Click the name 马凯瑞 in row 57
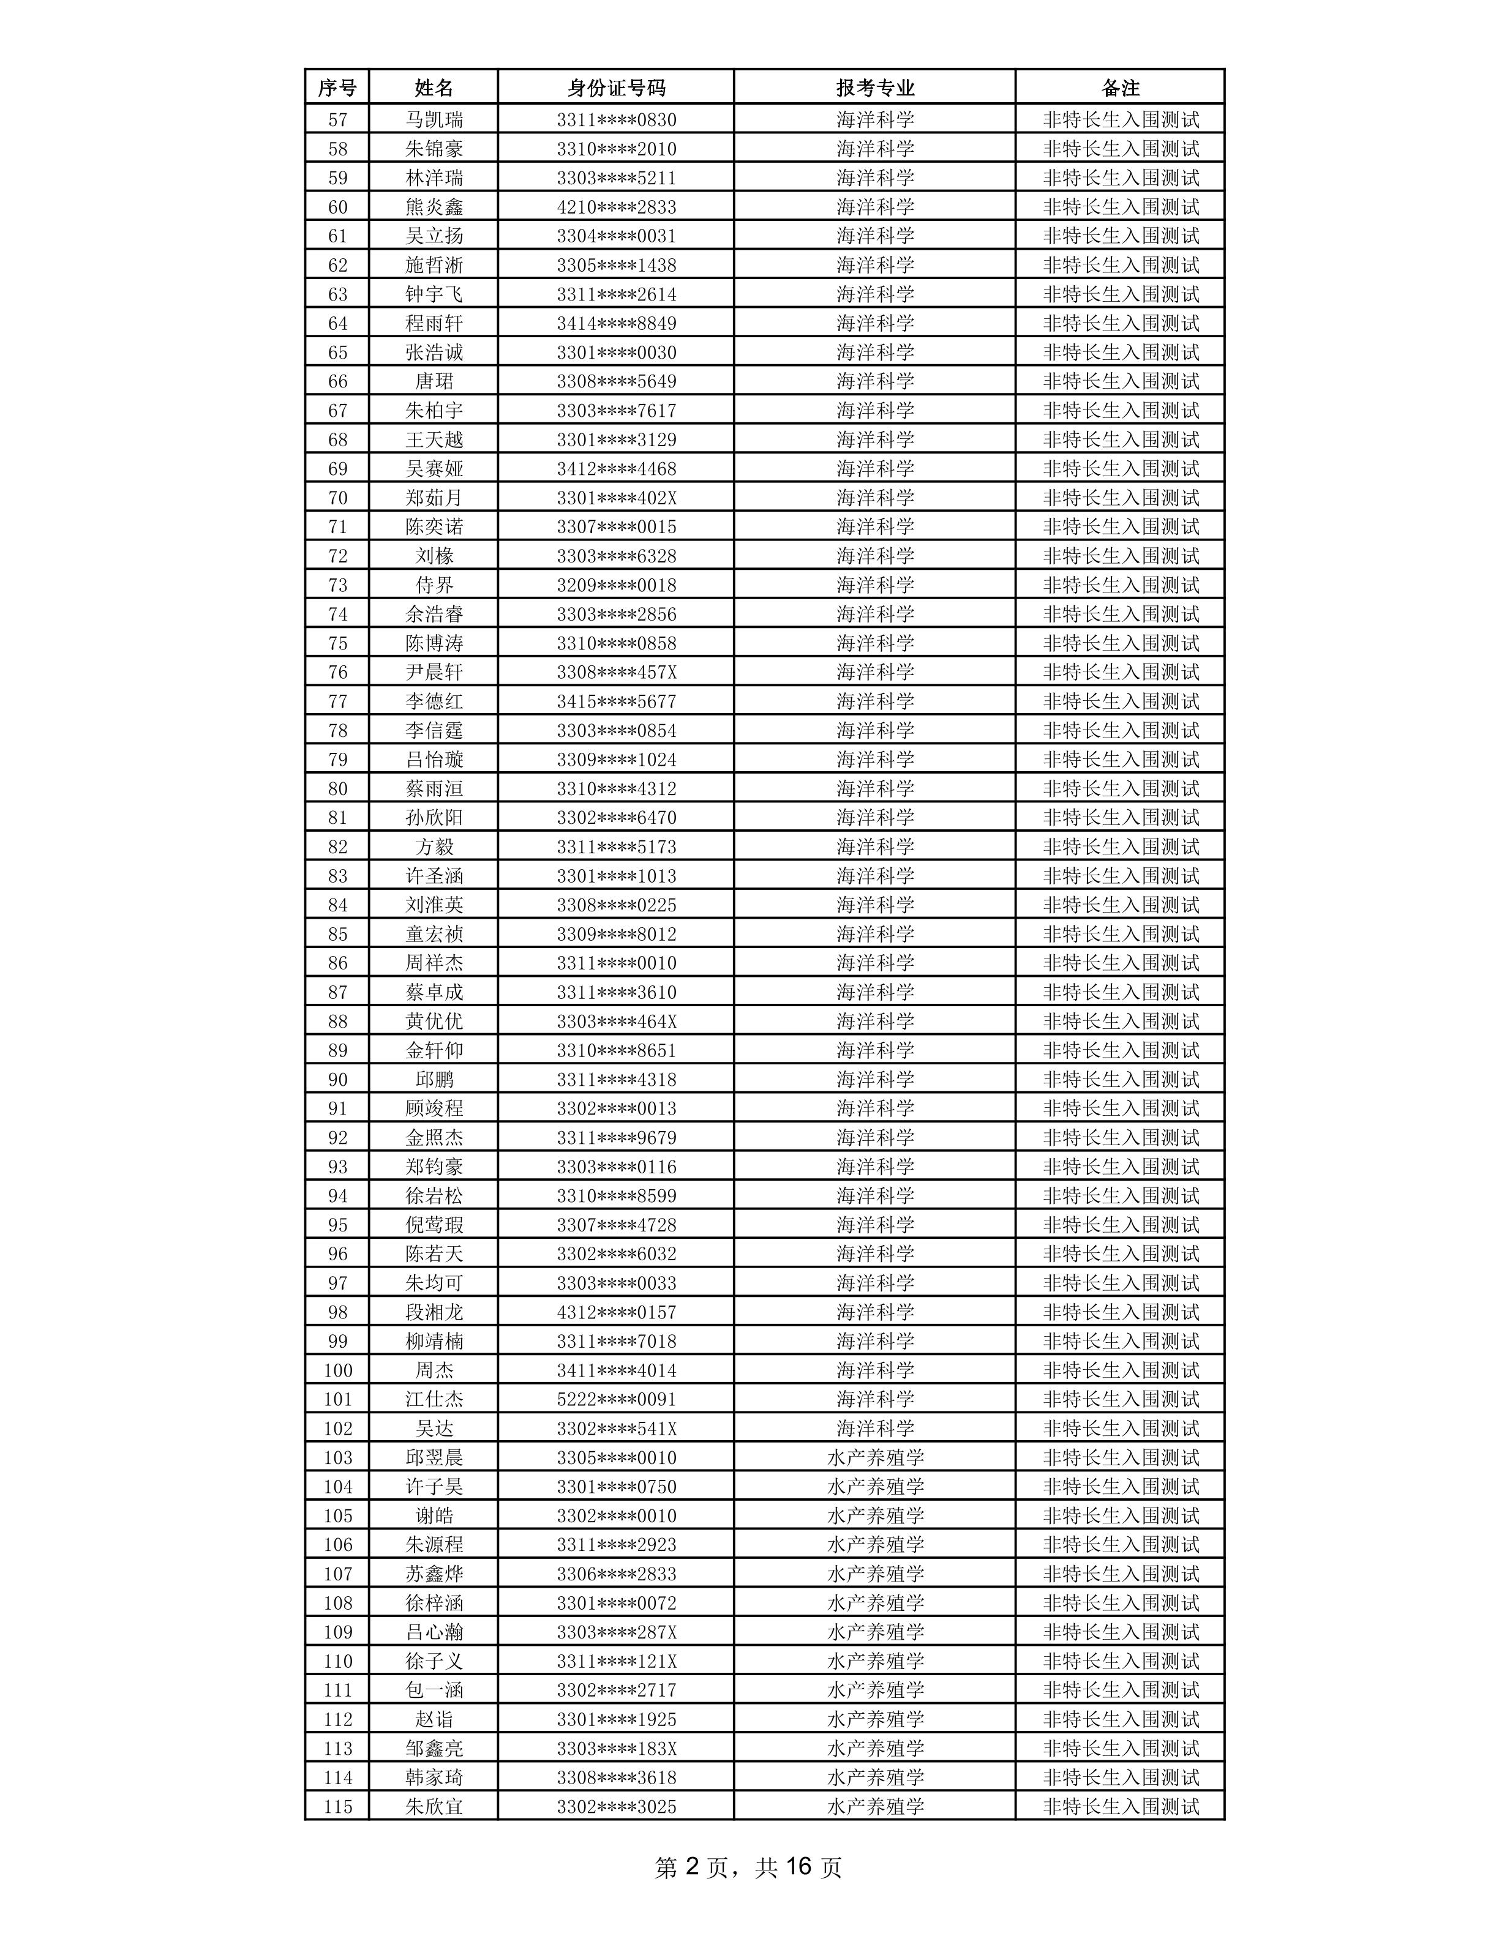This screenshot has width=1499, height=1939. [434, 119]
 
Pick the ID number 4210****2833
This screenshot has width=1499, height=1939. [616, 207]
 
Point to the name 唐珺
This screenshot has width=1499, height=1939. [434, 381]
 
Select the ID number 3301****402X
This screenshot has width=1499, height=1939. [616, 497]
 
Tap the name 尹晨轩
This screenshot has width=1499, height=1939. [434, 672]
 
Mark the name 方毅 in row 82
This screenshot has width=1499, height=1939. [434, 846]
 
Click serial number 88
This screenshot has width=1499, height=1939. [337, 1021]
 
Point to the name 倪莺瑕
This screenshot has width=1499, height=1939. [434, 1224]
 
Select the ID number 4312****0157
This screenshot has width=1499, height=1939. [616, 1311]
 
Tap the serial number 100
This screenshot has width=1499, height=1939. [337, 1370]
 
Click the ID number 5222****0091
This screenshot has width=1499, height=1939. [616, 1399]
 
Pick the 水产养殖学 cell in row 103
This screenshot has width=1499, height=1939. [874, 1457]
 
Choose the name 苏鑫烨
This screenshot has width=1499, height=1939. [434, 1573]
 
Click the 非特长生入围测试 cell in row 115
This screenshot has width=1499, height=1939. [1120, 1806]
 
